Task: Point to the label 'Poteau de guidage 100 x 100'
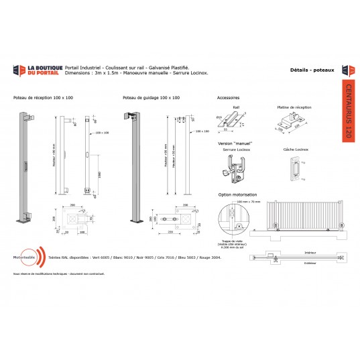coord(151,98)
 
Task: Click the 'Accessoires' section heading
coord(229,98)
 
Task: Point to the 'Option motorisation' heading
coord(236,194)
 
